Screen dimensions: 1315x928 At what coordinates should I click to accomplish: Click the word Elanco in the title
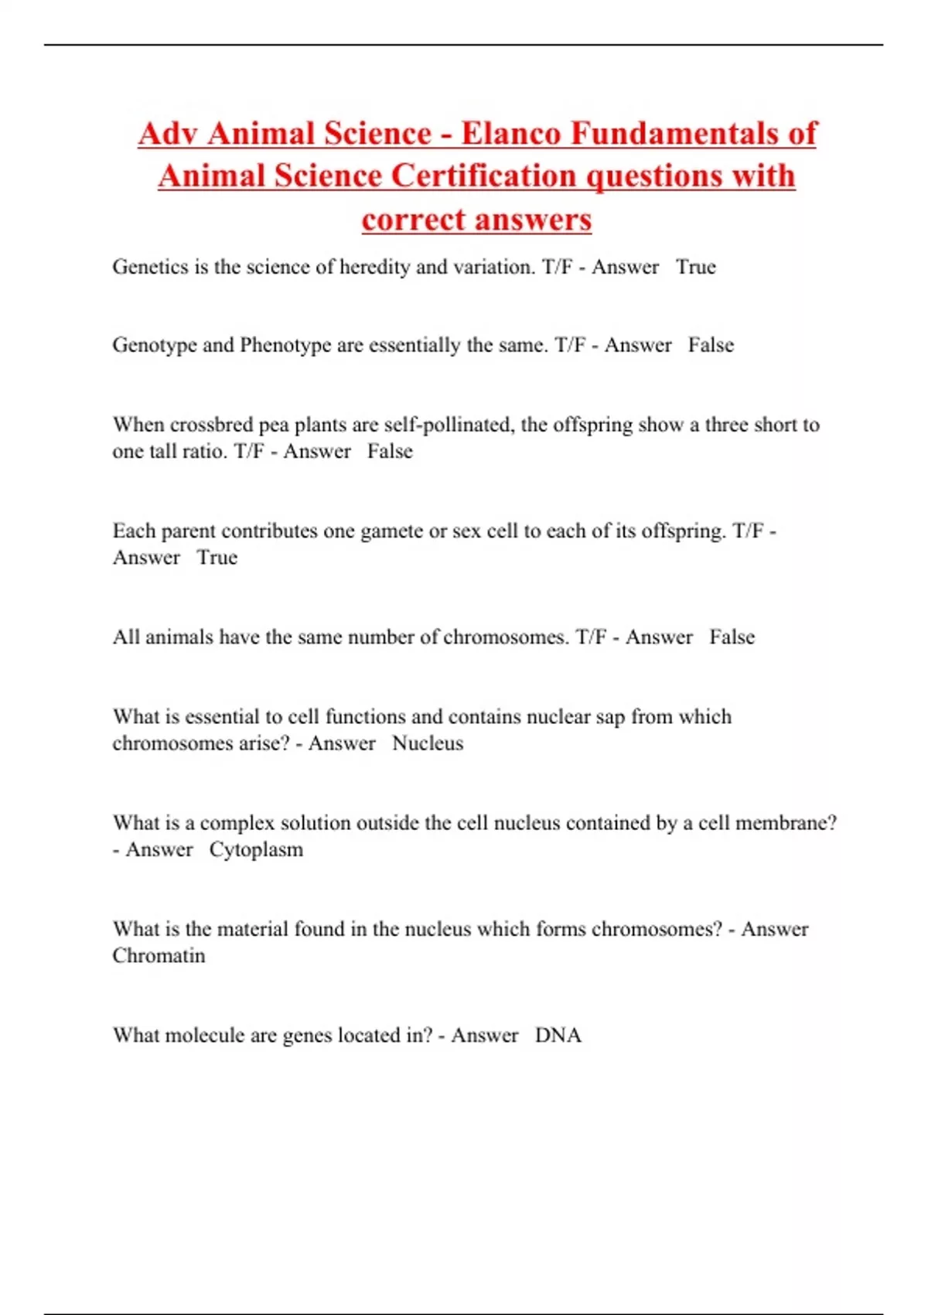[511, 133]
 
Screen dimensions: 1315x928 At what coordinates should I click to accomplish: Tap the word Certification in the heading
[483, 176]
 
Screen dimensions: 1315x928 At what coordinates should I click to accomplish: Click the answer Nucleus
[428, 743]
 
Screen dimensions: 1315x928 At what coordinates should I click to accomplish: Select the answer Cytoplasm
[256, 849]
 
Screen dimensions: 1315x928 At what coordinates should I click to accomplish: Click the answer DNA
[558, 1035]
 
